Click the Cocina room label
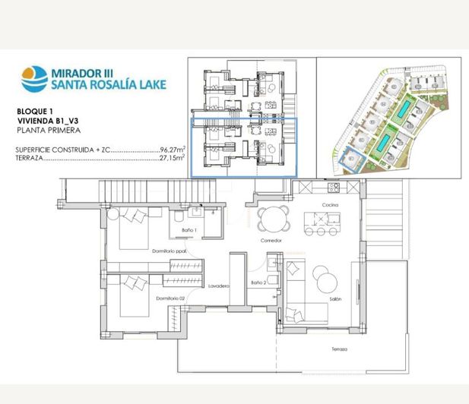click(328, 206)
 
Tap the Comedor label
click(271, 240)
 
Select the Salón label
click(335, 298)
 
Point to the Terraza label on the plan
click(339, 349)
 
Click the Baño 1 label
click(190, 229)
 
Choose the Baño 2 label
click(258, 282)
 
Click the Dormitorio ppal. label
click(170, 251)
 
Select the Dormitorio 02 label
click(171, 298)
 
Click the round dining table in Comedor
click(273, 219)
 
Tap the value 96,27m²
click(173, 150)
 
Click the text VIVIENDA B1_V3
click(47, 121)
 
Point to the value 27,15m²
click(173, 159)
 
